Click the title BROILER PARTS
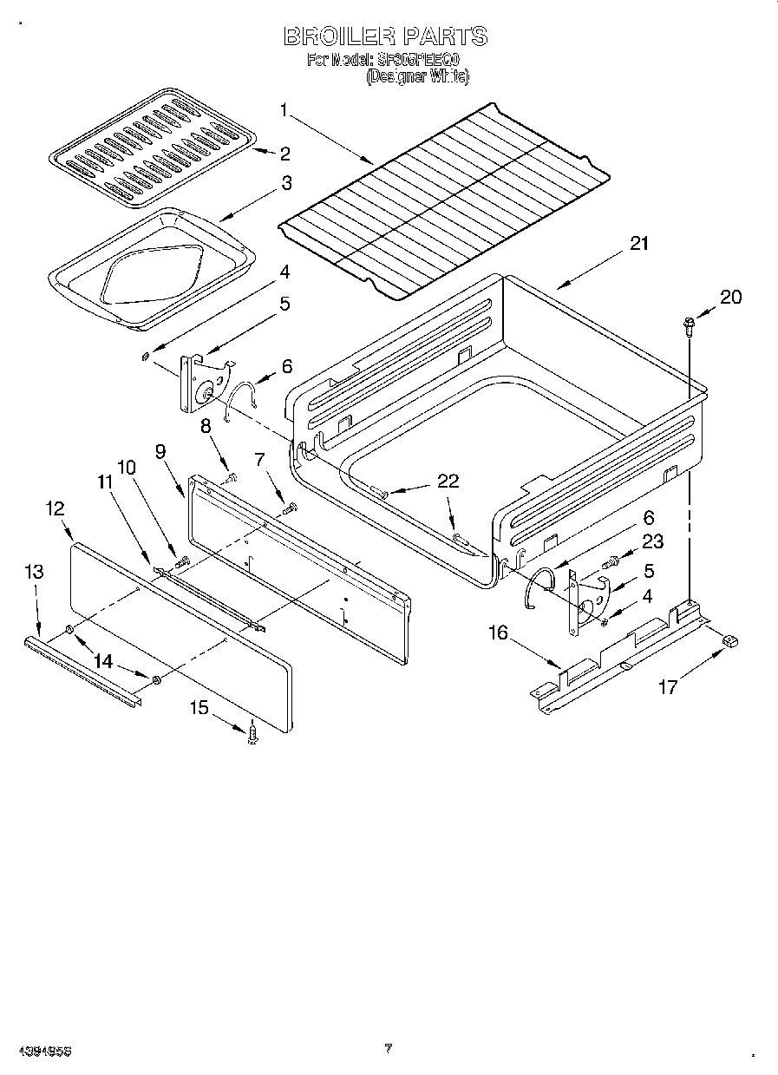click(386, 36)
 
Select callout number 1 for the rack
click(283, 109)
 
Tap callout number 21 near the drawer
click(638, 244)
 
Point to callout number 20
click(731, 297)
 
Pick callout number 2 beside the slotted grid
click(284, 154)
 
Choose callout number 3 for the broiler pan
click(285, 183)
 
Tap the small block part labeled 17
click(729, 640)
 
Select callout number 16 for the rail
click(498, 633)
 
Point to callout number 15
click(199, 708)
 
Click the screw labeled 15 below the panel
click(253, 734)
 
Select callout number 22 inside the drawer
click(448, 482)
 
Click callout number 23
click(652, 541)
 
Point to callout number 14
click(103, 661)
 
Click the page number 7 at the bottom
click(389, 1048)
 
